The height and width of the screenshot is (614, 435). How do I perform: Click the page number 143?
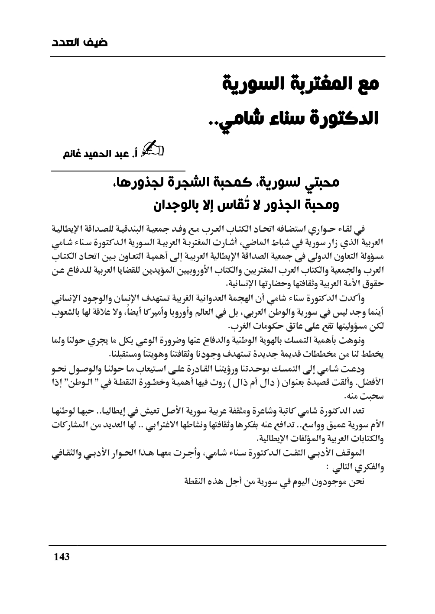[61, 557]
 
